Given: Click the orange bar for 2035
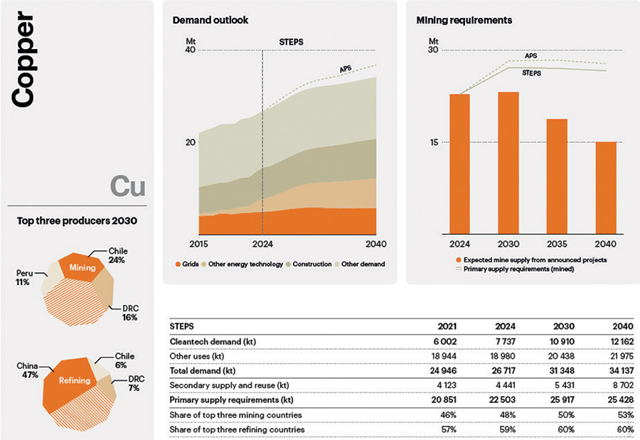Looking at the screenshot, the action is [x=557, y=176].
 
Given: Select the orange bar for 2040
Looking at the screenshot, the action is [x=606, y=188].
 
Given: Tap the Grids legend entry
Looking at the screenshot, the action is [x=187, y=264].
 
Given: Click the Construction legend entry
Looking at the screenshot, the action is [x=309, y=264].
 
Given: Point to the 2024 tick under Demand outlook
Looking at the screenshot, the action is [x=262, y=244].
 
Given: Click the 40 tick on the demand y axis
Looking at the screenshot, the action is [x=190, y=50].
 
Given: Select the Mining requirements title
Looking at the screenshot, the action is [x=464, y=20].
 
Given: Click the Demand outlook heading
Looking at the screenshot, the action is [x=210, y=20].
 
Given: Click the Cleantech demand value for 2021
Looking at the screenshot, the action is [x=445, y=341].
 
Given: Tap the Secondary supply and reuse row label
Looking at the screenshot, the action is [x=230, y=385].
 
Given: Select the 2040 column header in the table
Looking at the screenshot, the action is [x=623, y=326].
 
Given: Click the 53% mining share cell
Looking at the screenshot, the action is [x=626, y=414].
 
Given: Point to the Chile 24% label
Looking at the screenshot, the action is [x=117, y=255].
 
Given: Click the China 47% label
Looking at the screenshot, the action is [x=27, y=370].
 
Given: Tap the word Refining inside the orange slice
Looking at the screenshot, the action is [x=74, y=380].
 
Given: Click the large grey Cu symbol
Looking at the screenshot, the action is [x=128, y=186].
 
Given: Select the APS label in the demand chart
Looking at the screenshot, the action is [x=346, y=69].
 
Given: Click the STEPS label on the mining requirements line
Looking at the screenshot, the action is [x=531, y=73].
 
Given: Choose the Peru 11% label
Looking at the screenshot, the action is [x=24, y=277].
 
